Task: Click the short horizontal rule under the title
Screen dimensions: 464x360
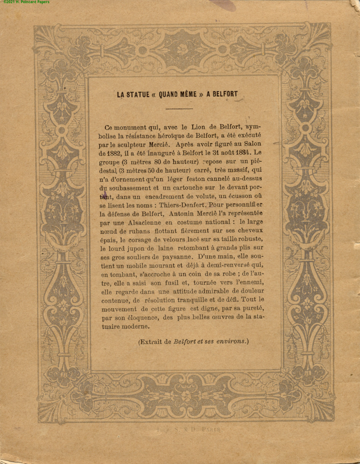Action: pyautogui.click(x=179, y=109)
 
